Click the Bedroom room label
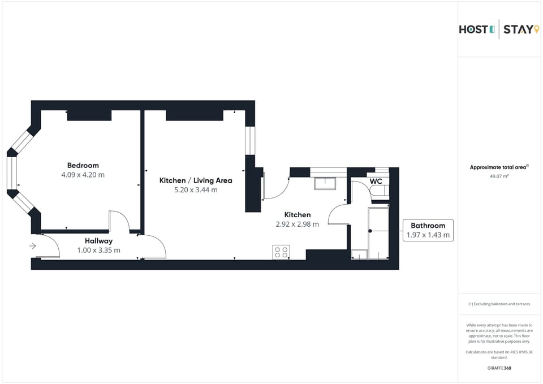[83, 166]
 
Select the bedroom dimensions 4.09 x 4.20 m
[83, 175]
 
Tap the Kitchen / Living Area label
[196, 180]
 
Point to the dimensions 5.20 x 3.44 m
[196, 190]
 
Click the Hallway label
[98, 241]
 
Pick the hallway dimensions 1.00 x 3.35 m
[98, 250]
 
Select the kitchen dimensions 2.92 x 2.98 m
[297, 224]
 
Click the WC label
[376, 181]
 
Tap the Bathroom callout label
[428, 226]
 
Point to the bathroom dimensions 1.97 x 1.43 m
[428, 235]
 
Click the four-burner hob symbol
[281, 252]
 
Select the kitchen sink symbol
[325, 183]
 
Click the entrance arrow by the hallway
[33, 246]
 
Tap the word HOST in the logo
[473, 30]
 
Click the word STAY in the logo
[518, 30]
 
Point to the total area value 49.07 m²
[499, 176]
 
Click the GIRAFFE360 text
[499, 368]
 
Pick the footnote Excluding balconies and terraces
[499, 304]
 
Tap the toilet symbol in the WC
[379, 192]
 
